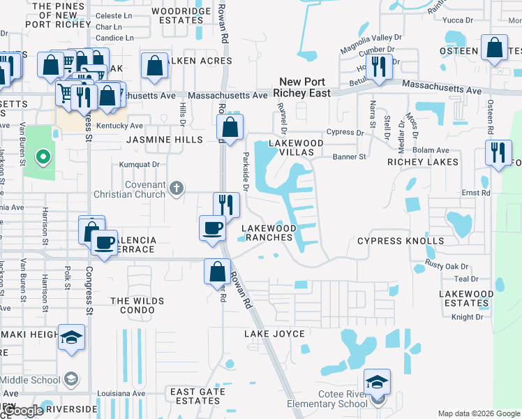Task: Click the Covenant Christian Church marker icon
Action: pos(177,187)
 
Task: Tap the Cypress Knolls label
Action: pos(401,241)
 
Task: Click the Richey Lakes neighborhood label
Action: pos(423,162)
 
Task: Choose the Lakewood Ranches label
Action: pos(267,233)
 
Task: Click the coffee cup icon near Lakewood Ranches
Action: pos(212,228)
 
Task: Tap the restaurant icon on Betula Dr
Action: pos(379,67)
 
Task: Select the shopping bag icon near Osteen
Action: pos(495,48)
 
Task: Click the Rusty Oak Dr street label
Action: pos(447,267)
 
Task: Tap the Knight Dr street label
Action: pos(468,317)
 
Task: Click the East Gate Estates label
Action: pos(198,396)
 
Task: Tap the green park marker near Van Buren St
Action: pos(42,156)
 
